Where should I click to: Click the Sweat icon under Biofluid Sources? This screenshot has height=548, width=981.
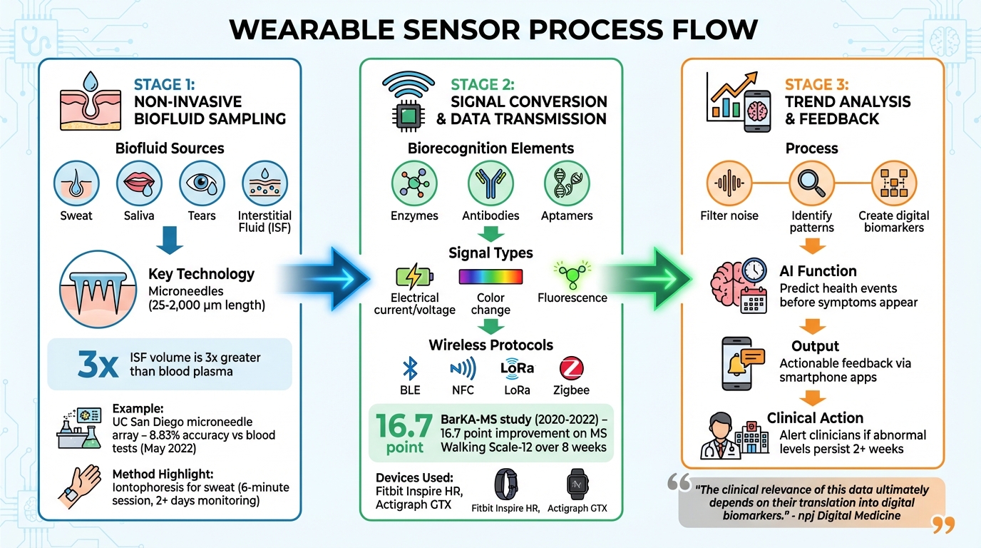coord(77,183)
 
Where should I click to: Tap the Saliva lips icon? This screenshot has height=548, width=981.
coord(139,183)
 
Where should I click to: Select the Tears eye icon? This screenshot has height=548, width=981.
coord(202,183)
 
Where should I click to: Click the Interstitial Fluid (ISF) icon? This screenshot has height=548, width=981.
coord(265,183)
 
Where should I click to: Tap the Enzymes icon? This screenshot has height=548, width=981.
coord(415,183)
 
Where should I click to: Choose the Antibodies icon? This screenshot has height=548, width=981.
coord(490,183)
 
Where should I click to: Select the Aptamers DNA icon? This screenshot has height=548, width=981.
coord(567,183)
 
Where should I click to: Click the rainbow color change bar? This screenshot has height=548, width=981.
coord(490,277)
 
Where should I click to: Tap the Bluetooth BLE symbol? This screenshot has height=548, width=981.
coord(410,368)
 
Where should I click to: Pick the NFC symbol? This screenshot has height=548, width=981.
coord(463,368)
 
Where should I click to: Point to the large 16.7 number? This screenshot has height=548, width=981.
coord(404,426)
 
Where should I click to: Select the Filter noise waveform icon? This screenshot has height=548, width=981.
coord(729,183)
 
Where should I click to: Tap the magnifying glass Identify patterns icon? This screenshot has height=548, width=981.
coord(811,183)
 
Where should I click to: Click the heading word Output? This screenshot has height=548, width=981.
coord(815,346)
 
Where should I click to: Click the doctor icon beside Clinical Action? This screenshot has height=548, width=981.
coord(724,435)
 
